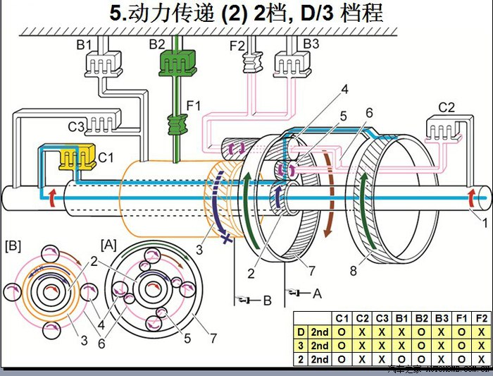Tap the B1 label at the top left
pyautogui.click(x=85, y=45)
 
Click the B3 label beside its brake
pyautogui.click(x=311, y=45)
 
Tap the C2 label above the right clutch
pyautogui.click(x=447, y=107)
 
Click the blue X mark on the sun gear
pyautogui.click(x=225, y=239)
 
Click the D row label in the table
pyautogui.click(x=301, y=332)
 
